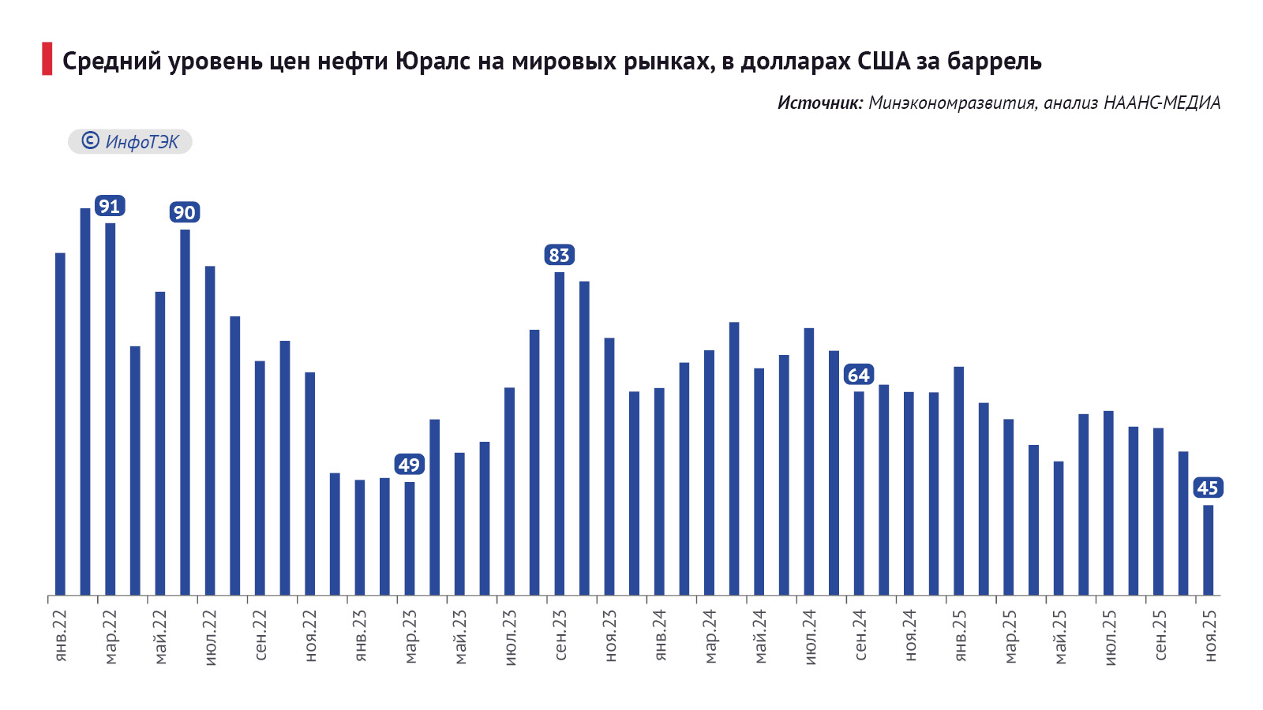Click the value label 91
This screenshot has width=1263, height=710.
(109, 207)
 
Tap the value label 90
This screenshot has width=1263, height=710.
(184, 213)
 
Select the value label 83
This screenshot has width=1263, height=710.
(559, 256)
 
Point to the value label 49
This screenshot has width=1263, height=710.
(409, 465)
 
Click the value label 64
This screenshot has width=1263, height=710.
(858, 376)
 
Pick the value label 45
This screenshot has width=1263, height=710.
(1208, 488)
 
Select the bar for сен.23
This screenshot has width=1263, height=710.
(560, 433)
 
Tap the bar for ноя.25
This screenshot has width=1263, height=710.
(1208, 550)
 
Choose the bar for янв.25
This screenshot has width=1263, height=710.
(958, 480)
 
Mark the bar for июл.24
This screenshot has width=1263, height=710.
(809, 461)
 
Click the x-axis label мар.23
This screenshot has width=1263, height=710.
(410, 637)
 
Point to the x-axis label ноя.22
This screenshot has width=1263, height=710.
(310, 636)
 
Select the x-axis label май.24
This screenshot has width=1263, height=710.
(760, 637)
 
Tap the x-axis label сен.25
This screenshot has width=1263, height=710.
(1160, 636)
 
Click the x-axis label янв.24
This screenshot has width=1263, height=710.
(660, 636)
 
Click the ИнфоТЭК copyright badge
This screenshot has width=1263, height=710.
(130, 142)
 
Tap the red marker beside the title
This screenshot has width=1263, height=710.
(47, 60)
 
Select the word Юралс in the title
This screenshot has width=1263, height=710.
(433, 62)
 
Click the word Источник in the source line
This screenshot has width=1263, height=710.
(819, 103)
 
